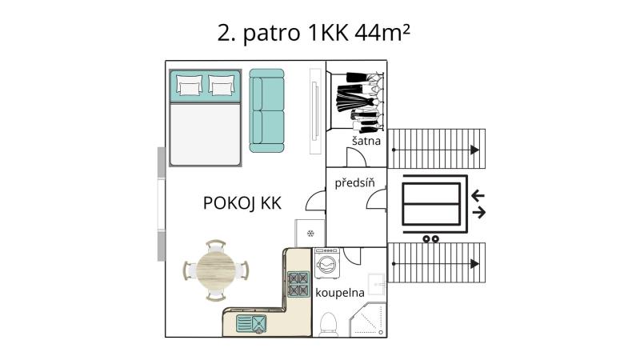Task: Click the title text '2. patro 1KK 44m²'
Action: point(314,33)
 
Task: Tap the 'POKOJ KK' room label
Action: point(242,203)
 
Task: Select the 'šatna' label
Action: point(366,141)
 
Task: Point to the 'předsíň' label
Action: point(354,182)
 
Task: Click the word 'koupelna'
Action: point(339,293)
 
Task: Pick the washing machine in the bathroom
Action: point(327,263)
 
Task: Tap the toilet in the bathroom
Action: point(328,324)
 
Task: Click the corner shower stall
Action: point(368,319)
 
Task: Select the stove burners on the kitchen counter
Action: point(298,284)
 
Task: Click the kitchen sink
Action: point(252,324)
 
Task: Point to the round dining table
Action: point(215,270)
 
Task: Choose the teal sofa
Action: point(267,110)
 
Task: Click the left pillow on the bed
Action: point(189,86)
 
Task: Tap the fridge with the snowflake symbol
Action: point(310,233)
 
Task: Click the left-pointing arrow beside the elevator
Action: point(478,196)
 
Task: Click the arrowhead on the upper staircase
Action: point(474,150)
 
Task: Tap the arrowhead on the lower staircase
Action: point(474,264)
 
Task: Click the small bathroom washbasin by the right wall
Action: point(376,284)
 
